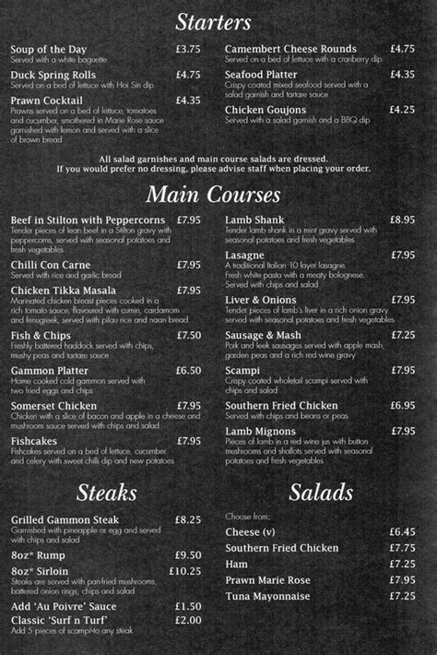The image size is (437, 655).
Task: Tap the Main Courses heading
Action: [213, 195]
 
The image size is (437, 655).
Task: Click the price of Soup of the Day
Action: [188, 48]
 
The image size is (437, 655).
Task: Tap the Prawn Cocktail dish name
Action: [47, 100]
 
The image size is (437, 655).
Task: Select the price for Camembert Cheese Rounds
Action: [401, 48]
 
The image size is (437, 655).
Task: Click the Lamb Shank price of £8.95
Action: [401, 220]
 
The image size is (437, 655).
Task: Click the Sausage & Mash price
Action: [401, 335]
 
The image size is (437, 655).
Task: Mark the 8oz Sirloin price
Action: [186, 571]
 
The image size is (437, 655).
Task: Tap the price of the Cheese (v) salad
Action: [402, 532]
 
